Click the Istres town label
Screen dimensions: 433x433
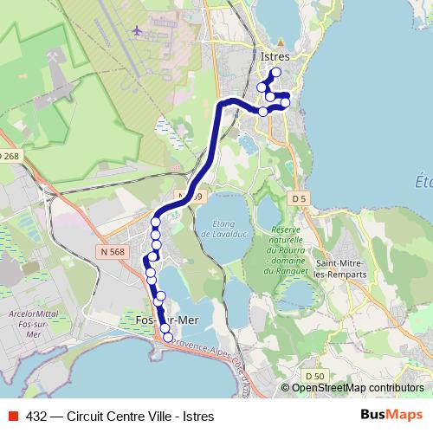275,56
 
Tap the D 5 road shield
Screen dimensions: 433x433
300,198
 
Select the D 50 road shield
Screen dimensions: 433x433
314,375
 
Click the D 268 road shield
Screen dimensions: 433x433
9,156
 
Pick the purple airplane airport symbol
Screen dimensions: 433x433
137,30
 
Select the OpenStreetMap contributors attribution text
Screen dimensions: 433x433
358,387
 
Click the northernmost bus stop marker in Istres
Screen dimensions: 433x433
276,72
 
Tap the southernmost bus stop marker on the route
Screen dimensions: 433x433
169,338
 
